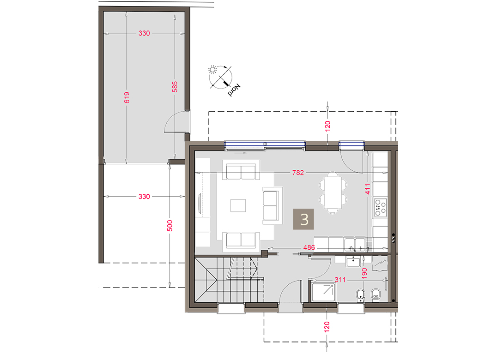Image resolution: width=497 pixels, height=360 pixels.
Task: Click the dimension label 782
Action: [x=298, y=173]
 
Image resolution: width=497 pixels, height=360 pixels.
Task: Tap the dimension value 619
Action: [x=127, y=97]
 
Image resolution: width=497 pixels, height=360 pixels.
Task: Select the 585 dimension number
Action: [x=175, y=87]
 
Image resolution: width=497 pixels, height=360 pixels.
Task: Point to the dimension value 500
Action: [x=170, y=226]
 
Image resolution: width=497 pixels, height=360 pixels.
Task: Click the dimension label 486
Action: [x=309, y=247]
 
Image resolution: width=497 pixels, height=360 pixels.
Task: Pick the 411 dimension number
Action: [x=367, y=189]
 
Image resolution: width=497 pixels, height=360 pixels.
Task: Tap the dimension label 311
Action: [x=340, y=280]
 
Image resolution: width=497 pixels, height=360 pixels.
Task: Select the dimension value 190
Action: [x=364, y=273]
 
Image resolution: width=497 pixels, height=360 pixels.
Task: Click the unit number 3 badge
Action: [x=303, y=219]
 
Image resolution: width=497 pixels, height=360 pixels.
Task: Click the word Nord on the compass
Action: [x=234, y=90]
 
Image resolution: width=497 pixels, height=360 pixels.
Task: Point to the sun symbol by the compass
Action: [x=212, y=69]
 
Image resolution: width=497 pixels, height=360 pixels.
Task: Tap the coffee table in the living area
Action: [x=238, y=205]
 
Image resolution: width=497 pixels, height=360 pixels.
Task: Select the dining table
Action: [x=333, y=193]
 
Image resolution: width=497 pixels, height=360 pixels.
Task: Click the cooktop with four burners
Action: [x=380, y=207]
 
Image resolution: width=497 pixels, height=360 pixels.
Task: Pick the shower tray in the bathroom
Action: [x=323, y=292]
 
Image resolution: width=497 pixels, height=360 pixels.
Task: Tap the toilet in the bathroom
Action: [x=360, y=295]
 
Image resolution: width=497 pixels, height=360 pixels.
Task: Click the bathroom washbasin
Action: [x=353, y=262]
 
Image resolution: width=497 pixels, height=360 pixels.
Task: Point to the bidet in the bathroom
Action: [x=376, y=295]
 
